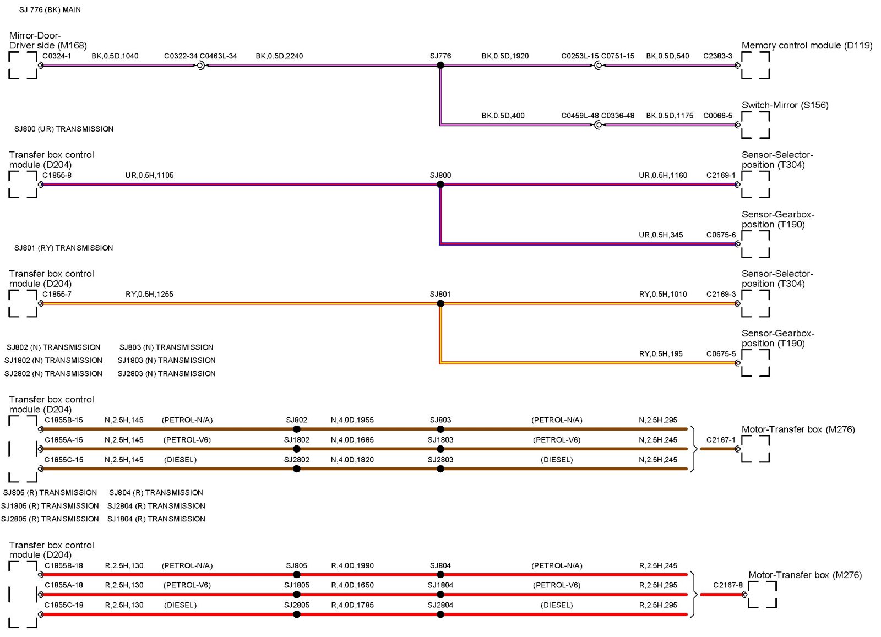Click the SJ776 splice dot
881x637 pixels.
click(440, 66)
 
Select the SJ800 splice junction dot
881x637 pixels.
click(440, 184)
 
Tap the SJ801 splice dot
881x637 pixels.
click(440, 303)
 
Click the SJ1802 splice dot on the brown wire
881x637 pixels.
click(297, 449)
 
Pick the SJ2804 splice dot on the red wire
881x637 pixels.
click(440, 614)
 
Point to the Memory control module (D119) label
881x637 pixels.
click(807, 46)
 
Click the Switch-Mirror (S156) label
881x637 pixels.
click(785, 105)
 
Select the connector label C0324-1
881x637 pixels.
click(57, 56)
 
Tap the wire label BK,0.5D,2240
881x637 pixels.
click(279, 56)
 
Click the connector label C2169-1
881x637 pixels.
click(721, 175)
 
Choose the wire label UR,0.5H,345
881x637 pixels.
click(661, 235)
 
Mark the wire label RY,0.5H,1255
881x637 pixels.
click(149, 294)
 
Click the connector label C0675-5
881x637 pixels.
click(721, 353)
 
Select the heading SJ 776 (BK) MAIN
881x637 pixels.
click(50, 10)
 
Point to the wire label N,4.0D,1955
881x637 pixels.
click(352, 420)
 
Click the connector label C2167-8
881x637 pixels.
click(727, 585)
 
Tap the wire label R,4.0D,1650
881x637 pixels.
click(352, 585)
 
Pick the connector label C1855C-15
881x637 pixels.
click(64, 460)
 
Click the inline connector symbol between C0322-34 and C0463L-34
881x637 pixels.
click(200, 66)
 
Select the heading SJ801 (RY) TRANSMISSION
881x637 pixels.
click(64, 248)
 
